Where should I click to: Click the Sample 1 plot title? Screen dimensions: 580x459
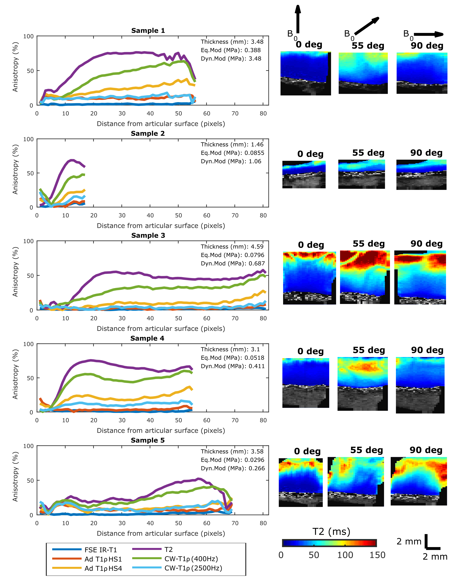click(x=148, y=31)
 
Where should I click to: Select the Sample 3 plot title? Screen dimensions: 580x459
click(x=148, y=235)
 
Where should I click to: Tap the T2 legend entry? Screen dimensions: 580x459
click(x=168, y=549)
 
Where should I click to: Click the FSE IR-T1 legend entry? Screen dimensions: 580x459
click(x=101, y=550)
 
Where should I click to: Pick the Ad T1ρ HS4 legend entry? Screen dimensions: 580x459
click(x=103, y=568)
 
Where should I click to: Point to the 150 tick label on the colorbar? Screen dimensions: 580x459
click(x=377, y=555)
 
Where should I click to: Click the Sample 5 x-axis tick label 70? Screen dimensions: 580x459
click(x=235, y=523)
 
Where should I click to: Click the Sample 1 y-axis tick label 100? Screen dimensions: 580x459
click(x=28, y=36)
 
